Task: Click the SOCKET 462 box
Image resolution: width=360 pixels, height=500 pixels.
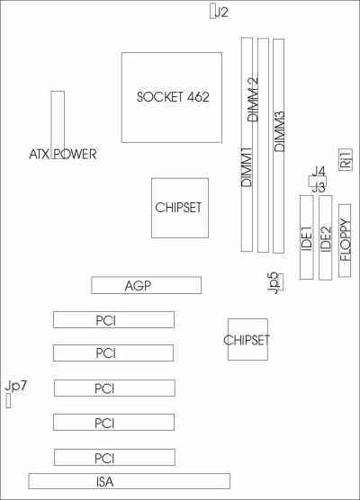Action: coord(172,98)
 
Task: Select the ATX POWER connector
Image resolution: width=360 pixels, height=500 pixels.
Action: coord(58,125)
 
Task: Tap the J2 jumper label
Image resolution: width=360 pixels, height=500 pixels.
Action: coord(221,12)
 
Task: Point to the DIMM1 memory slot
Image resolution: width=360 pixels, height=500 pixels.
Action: coord(247,144)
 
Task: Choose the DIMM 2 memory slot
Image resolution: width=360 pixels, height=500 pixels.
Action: coord(263,145)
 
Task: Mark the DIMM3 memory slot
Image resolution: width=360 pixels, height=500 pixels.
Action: coord(279,146)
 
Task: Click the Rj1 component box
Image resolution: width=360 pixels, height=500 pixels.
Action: coord(346,160)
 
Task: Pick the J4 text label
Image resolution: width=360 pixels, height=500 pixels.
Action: coord(319,172)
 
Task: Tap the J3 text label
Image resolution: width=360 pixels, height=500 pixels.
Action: coord(319,187)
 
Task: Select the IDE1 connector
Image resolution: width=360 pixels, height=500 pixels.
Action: coord(306,237)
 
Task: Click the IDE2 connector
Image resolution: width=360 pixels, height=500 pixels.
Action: coord(326,237)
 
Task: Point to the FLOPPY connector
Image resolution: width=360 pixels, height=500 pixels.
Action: coord(345,240)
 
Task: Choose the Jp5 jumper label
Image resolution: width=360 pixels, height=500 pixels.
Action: coord(274,283)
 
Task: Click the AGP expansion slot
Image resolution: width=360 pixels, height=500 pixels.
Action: coord(146,285)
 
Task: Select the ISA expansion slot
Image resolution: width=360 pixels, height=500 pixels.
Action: coord(129,481)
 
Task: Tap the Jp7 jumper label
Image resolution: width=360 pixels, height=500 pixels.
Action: coord(16,386)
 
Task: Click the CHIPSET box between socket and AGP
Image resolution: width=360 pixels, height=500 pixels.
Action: coord(180,208)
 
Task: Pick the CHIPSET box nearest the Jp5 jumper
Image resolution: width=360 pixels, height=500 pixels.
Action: coord(247,339)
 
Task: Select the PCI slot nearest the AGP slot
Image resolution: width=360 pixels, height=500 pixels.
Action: coord(113,319)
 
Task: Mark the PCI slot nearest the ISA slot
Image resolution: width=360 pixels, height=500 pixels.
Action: coord(114,457)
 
